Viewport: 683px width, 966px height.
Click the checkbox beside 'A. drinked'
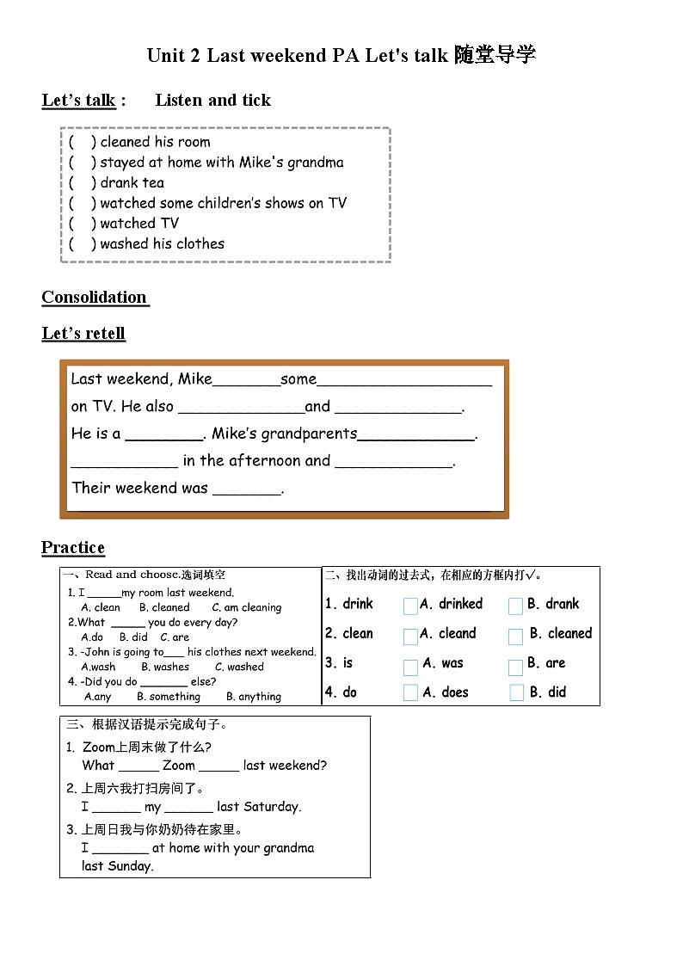410,606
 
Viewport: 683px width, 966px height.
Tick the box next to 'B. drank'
515,606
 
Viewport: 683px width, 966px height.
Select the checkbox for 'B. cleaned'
515,637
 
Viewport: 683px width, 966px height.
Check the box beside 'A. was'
410,666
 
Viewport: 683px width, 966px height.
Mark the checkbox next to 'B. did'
516,693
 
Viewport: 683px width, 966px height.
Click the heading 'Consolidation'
95,298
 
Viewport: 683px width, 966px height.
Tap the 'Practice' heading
73,548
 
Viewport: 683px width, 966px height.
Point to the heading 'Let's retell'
83,334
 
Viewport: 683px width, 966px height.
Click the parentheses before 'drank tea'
83,183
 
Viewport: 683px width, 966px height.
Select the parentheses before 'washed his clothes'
83,244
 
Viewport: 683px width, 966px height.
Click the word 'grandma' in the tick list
316,163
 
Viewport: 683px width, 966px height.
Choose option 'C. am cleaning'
247,607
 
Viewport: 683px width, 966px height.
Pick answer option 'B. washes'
165,667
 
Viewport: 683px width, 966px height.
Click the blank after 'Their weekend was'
247,489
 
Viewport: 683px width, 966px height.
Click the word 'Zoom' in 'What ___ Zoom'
179,766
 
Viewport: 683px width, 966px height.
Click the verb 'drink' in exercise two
358,604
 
